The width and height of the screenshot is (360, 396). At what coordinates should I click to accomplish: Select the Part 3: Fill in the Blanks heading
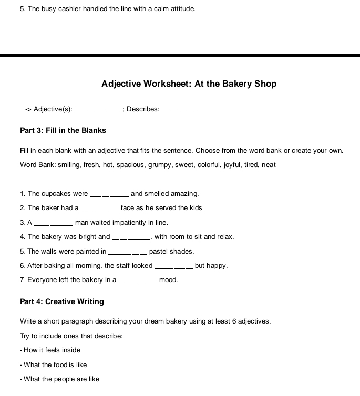(x=63, y=130)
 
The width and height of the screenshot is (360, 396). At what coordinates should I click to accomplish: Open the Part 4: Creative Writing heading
(x=62, y=301)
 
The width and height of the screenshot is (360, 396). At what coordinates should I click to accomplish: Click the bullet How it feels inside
(x=50, y=350)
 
